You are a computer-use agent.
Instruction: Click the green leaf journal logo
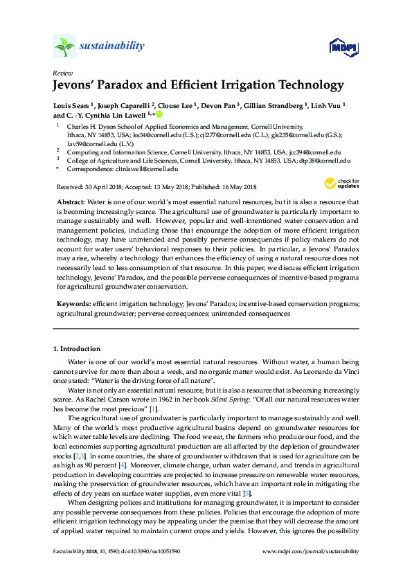pos(64,47)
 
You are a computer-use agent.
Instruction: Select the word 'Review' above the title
pos(62,73)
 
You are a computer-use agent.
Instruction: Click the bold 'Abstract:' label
pos(71,199)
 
